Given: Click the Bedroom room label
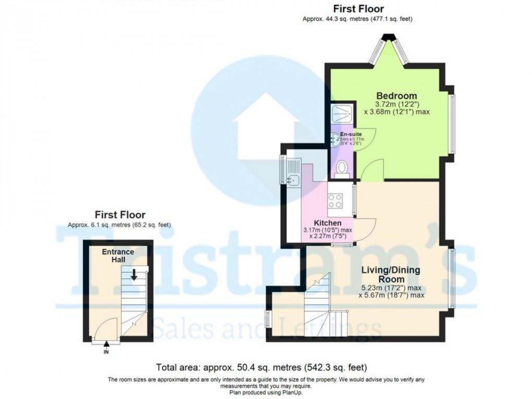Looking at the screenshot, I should tap(397, 96).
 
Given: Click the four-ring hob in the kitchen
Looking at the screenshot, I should tap(335, 201).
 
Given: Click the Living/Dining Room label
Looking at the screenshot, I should tap(391, 275).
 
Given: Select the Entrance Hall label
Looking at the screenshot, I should tap(118, 255).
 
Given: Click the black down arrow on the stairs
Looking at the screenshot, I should tap(134, 274).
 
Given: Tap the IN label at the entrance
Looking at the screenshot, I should tap(106, 353).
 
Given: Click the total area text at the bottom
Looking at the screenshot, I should tap(265, 367).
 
